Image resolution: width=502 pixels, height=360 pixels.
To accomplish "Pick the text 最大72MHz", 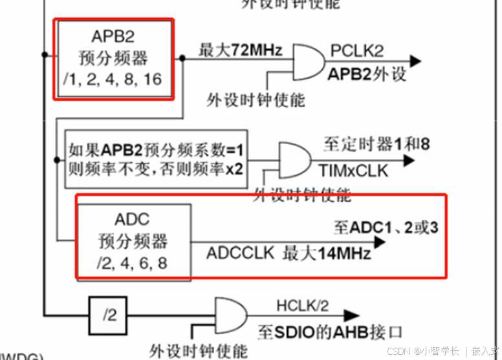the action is coord(240,49).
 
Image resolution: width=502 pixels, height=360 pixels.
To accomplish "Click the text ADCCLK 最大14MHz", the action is coord(289,253).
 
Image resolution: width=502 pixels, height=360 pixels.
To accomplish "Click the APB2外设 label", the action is coord(367,73).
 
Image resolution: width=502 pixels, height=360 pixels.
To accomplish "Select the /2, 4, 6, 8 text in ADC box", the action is coord(133,264).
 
